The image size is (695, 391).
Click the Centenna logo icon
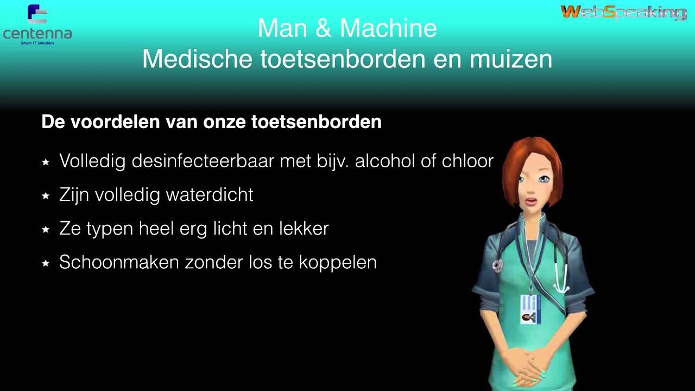click(37, 15)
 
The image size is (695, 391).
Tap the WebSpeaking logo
click(623, 12)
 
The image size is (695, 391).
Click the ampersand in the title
click(323, 29)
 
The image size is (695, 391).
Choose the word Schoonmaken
click(119, 262)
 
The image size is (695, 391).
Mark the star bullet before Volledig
click(46, 162)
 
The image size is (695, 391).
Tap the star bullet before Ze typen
click(46, 229)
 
